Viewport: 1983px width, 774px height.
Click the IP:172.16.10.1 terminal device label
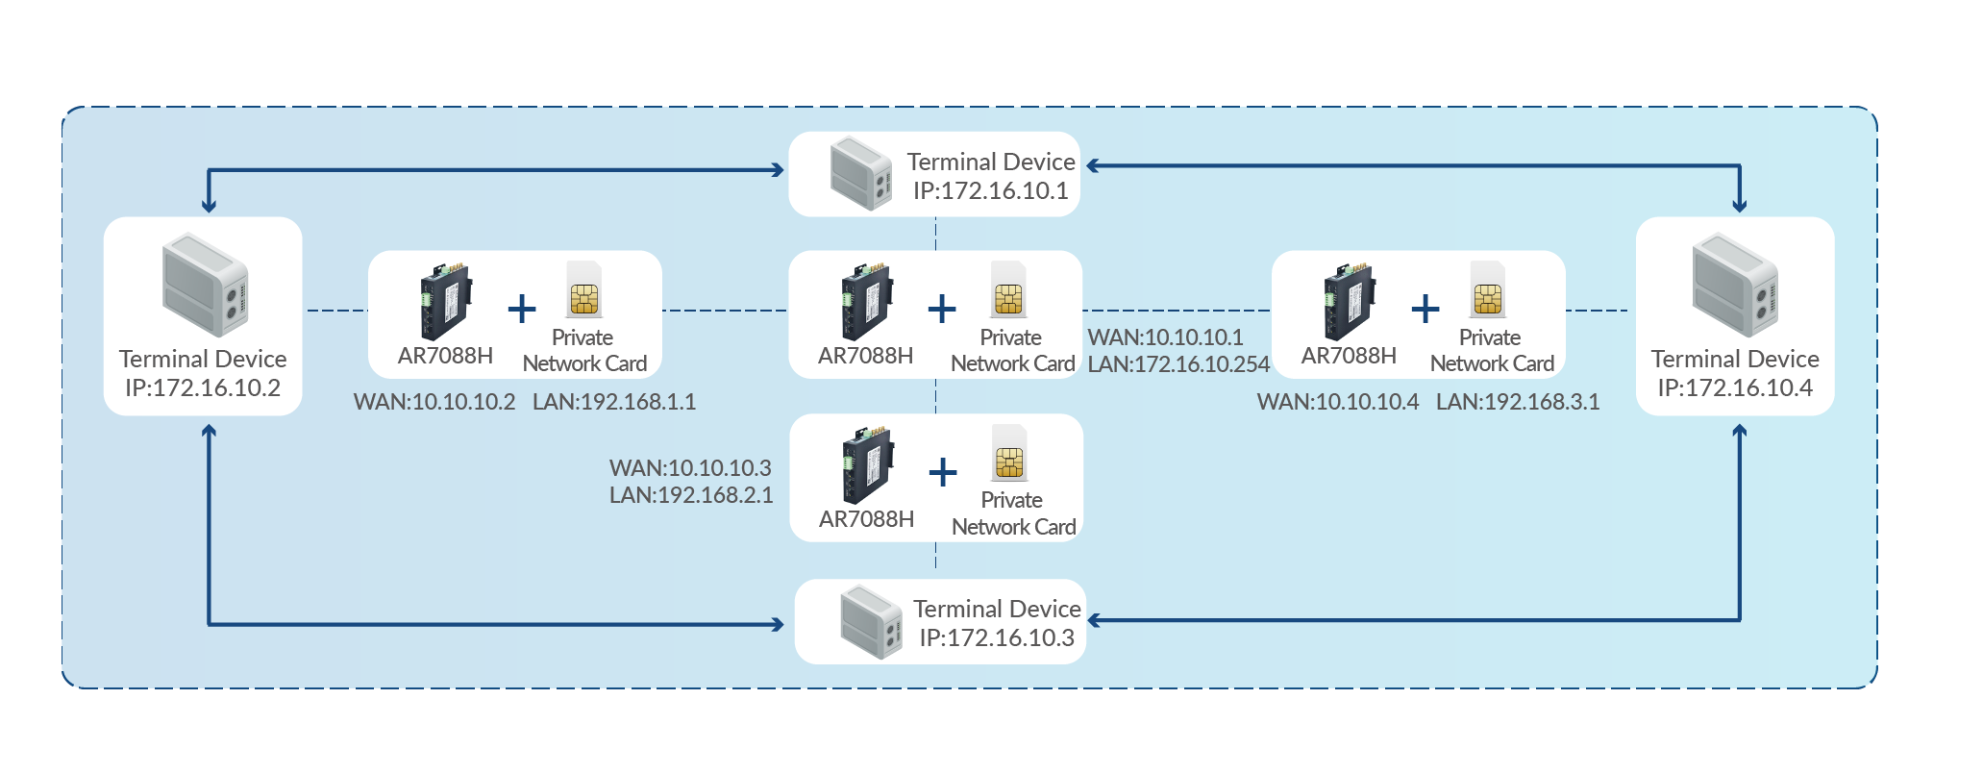click(990, 190)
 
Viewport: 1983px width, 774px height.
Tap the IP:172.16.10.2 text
click(203, 387)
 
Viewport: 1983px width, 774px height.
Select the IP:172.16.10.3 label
click(997, 637)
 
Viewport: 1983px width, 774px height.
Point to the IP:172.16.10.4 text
click(1735, 387)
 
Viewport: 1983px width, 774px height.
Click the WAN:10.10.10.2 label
click(434, 402)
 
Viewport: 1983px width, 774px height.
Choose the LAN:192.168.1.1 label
click(614, 402)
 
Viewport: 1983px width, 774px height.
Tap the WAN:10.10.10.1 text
click(1165, 337)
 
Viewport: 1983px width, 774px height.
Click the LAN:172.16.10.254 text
click(1178, 364)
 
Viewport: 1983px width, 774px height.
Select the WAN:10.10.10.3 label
click(690, 468)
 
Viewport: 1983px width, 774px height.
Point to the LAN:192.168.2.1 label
click(691, 495)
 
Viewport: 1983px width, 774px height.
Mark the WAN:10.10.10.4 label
click(1338, 402)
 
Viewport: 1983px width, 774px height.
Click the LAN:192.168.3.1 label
click(1518, 402)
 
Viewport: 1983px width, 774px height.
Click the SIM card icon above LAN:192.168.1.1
click(584, 289)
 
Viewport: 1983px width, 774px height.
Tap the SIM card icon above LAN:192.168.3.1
click(1488, 289)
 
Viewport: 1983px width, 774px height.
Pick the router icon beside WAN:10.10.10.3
click(869, 465)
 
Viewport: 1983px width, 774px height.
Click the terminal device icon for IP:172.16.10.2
click(206, 285)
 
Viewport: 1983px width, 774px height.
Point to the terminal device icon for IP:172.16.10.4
click(1736, 285)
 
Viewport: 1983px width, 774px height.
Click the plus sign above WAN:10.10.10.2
click(522, 309)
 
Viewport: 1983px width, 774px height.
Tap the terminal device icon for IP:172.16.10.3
click(871, 622)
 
